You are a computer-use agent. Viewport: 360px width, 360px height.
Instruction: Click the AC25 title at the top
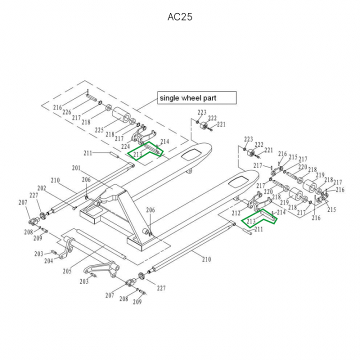(180, 17)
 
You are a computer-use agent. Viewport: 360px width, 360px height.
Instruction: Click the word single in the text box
(168, 98)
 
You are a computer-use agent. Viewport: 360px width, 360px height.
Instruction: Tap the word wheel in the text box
(191, 98)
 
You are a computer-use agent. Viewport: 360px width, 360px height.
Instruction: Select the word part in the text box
(210, 98)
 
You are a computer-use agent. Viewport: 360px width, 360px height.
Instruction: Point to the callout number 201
(76, 168)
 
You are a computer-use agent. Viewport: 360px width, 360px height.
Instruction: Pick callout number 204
(48, 261)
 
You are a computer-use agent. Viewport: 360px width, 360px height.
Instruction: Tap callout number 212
(235, 213)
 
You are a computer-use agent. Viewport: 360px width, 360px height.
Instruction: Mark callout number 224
(125, 146)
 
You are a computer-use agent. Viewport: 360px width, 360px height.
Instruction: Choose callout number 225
(99, 130)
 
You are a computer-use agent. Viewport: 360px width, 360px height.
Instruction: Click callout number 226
(66, 112)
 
